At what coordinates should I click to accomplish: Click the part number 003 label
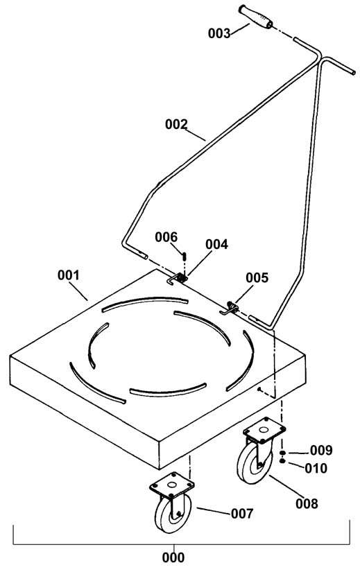(x=219, y=33)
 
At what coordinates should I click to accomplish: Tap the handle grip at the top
(x=255, y=17)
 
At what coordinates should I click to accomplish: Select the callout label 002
(x=176, y=124)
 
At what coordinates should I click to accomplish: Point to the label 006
(x=166, y=237)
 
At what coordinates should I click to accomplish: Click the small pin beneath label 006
(x=185, y=256)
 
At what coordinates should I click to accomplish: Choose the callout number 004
(x=216, y=245)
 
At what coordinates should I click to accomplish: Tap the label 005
(x=257, y=277)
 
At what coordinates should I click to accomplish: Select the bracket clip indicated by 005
(x=230, y=308)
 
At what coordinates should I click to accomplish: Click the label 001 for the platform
(x=68, y=275)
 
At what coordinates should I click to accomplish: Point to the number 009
(x=321, y=451)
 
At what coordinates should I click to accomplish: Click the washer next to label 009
(x=282, y=453)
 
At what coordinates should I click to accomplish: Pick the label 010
(x=316, y=468)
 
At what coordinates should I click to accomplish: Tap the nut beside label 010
(x=282, y=461)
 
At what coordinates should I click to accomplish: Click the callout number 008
(x=307, y=504)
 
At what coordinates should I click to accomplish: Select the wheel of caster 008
(x=252, y=462)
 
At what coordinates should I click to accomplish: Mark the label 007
(x=242, y=514)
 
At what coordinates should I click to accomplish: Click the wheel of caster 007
(x=170, y=513)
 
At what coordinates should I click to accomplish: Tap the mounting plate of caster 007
(x=172, y=485)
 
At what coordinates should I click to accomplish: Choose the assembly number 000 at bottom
(x=173, y=557)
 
